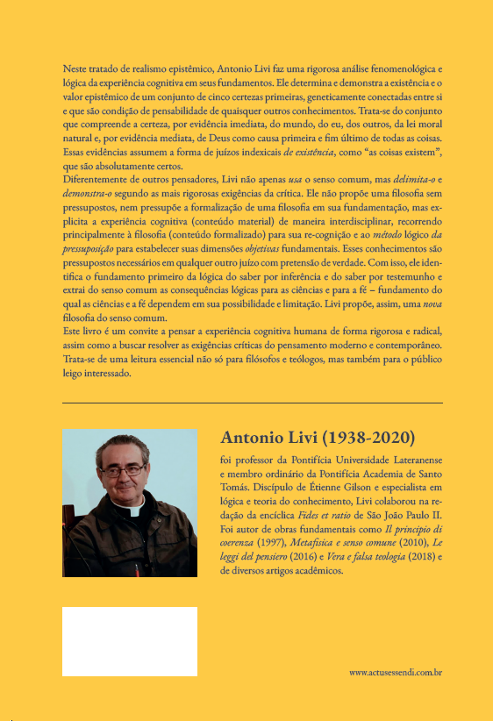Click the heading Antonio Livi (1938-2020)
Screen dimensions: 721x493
coord(317,437)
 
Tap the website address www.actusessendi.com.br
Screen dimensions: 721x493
coord(395,672)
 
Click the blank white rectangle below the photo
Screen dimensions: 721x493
coord(129,640)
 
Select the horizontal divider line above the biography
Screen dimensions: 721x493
coord(253,403)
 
